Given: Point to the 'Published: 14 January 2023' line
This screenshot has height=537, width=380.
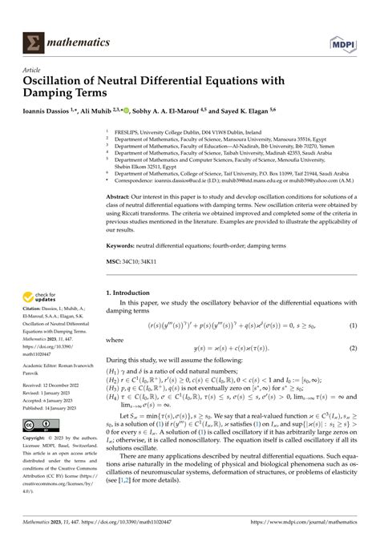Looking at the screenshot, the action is (x=57, y=407).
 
